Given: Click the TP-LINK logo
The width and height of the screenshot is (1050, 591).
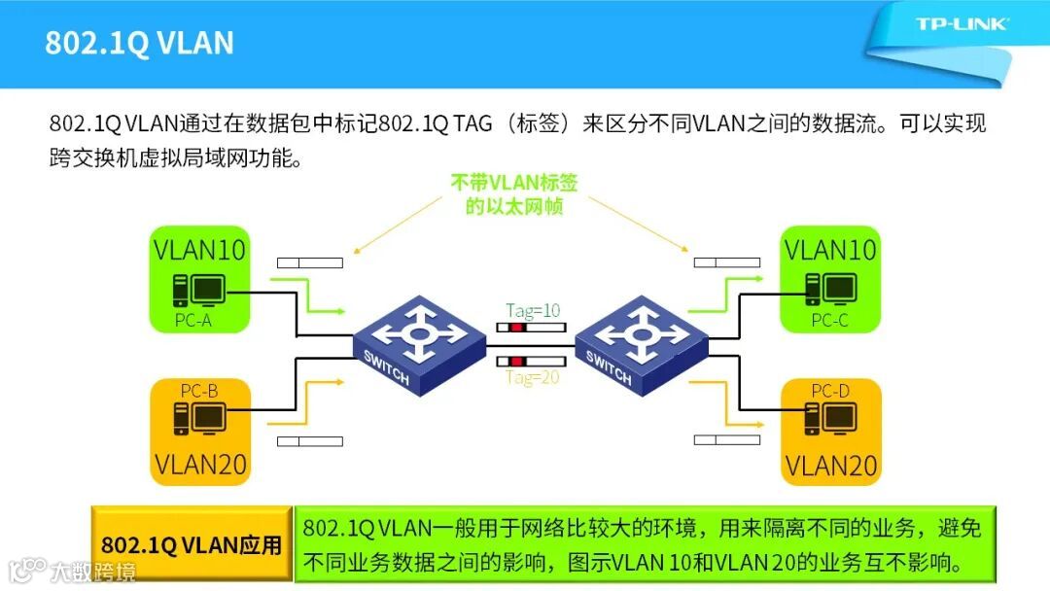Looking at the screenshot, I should (962, 23).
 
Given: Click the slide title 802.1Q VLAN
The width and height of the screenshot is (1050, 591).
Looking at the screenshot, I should (139, 44).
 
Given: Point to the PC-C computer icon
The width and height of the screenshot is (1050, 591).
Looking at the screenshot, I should (828, 289).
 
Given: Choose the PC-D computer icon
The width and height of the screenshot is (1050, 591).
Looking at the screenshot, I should (828, 418).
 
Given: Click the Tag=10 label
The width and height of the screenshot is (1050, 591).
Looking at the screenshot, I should (533, 310).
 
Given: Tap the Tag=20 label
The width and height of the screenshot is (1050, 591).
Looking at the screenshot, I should (533, 378).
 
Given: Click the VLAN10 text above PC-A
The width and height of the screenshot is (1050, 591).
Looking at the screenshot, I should (200, 249).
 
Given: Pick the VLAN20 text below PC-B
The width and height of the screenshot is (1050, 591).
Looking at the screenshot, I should (200, 464).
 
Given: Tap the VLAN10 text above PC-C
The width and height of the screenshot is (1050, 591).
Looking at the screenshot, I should (830, 249).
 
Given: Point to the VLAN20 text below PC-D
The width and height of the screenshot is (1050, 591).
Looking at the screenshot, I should (831, 465).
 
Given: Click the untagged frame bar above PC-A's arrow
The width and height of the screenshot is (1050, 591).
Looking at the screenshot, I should (309, 262).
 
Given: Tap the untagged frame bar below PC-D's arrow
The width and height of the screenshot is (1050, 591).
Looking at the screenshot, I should (726, 441).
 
